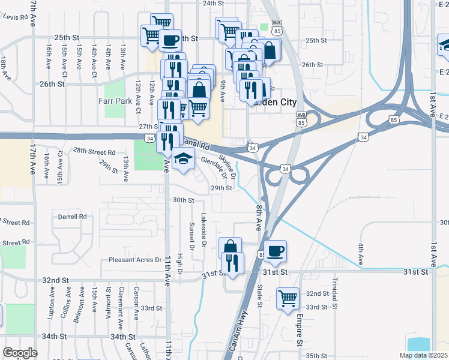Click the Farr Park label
(x=115, y=101)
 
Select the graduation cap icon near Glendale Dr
(x=184, y=160)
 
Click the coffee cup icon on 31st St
(x=275, y=251)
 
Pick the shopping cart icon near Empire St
(x=288, y=297)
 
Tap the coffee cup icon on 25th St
(x=170, y=40)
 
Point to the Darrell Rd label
(x=73, y=216)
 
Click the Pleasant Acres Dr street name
(x=135, y=260)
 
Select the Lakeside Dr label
(x=203, y=231)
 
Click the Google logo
(x=20, y=353)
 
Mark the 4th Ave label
(x=361, y=254)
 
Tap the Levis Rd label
(x=16, y=17)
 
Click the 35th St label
(x=316, y=356)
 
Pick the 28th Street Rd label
(x=94, y=152)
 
